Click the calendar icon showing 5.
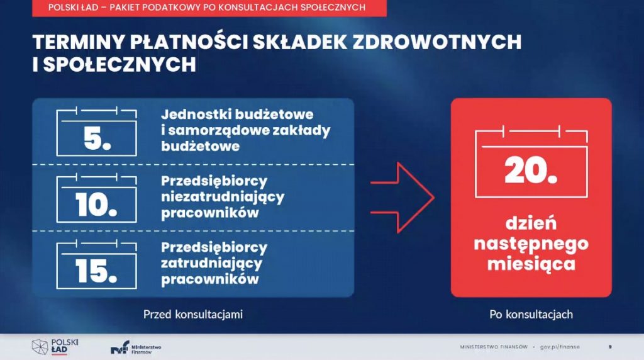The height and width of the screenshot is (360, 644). pos(96,132)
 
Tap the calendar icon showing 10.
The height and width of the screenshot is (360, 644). pos(96,198)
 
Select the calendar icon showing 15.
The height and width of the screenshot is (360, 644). pos(96,265)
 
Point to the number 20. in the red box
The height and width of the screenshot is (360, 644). pos(531,171)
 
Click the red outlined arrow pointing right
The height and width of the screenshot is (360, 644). pos(402,198)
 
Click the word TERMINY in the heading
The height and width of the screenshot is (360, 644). pos(79,42)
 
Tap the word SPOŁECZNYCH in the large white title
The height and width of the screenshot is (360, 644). pos(119,65)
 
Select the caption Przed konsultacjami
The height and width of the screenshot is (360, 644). pos(193,315)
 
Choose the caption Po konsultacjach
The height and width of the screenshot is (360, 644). pos(531,315)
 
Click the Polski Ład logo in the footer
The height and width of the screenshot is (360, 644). pos(55,347)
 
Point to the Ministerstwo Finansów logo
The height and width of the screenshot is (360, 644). pos(136,347)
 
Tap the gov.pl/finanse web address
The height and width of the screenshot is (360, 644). pos(560,347)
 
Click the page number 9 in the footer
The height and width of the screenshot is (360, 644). pos(610,347)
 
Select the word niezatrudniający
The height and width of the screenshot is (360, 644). pos(223,197)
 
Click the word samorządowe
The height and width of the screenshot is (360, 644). pos(216,130)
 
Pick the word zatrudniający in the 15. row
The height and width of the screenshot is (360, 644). pos(211,264)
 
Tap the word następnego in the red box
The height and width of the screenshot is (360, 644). pos(531,244)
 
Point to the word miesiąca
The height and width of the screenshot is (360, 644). pos(531,264)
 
